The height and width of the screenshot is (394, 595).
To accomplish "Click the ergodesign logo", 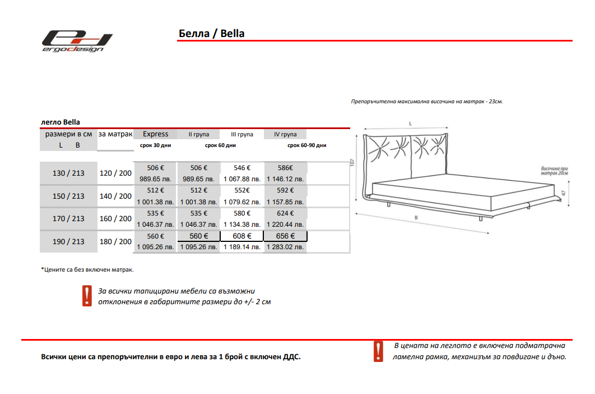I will (x=76, y=41).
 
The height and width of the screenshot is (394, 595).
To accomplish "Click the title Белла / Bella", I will (x=211, y=33).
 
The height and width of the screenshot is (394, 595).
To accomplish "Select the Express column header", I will (x=155, y=134).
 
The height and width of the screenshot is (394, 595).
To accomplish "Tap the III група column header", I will (x=242, y=135).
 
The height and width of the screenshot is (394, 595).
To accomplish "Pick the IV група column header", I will (x=285, y=135).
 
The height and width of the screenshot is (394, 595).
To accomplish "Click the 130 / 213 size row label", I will (x=68, y=173).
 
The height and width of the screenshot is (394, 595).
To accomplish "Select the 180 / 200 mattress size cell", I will (x=115, y=242).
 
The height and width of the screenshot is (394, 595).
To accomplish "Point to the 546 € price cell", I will (x=242, y=168).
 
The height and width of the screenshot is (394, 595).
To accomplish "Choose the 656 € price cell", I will (x=286, y=236).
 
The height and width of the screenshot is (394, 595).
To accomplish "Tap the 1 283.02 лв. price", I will (x=286, y=247).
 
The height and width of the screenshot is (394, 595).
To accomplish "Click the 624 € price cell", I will (x=286, y=213).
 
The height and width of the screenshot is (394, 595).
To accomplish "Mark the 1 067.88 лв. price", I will (x=242, y=179).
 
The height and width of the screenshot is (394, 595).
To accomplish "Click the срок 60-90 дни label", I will (x=306, y=145).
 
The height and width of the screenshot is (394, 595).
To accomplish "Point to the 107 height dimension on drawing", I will (x=352, y=163).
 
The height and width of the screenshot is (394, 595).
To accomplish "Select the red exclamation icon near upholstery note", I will (x=87, y=296).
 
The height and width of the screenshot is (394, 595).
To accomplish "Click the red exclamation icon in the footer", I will (x=378, y=351).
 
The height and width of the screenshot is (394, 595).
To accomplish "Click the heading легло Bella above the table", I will (x=61, y=122).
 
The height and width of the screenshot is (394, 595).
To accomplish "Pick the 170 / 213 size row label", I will (x=68, y=219).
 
